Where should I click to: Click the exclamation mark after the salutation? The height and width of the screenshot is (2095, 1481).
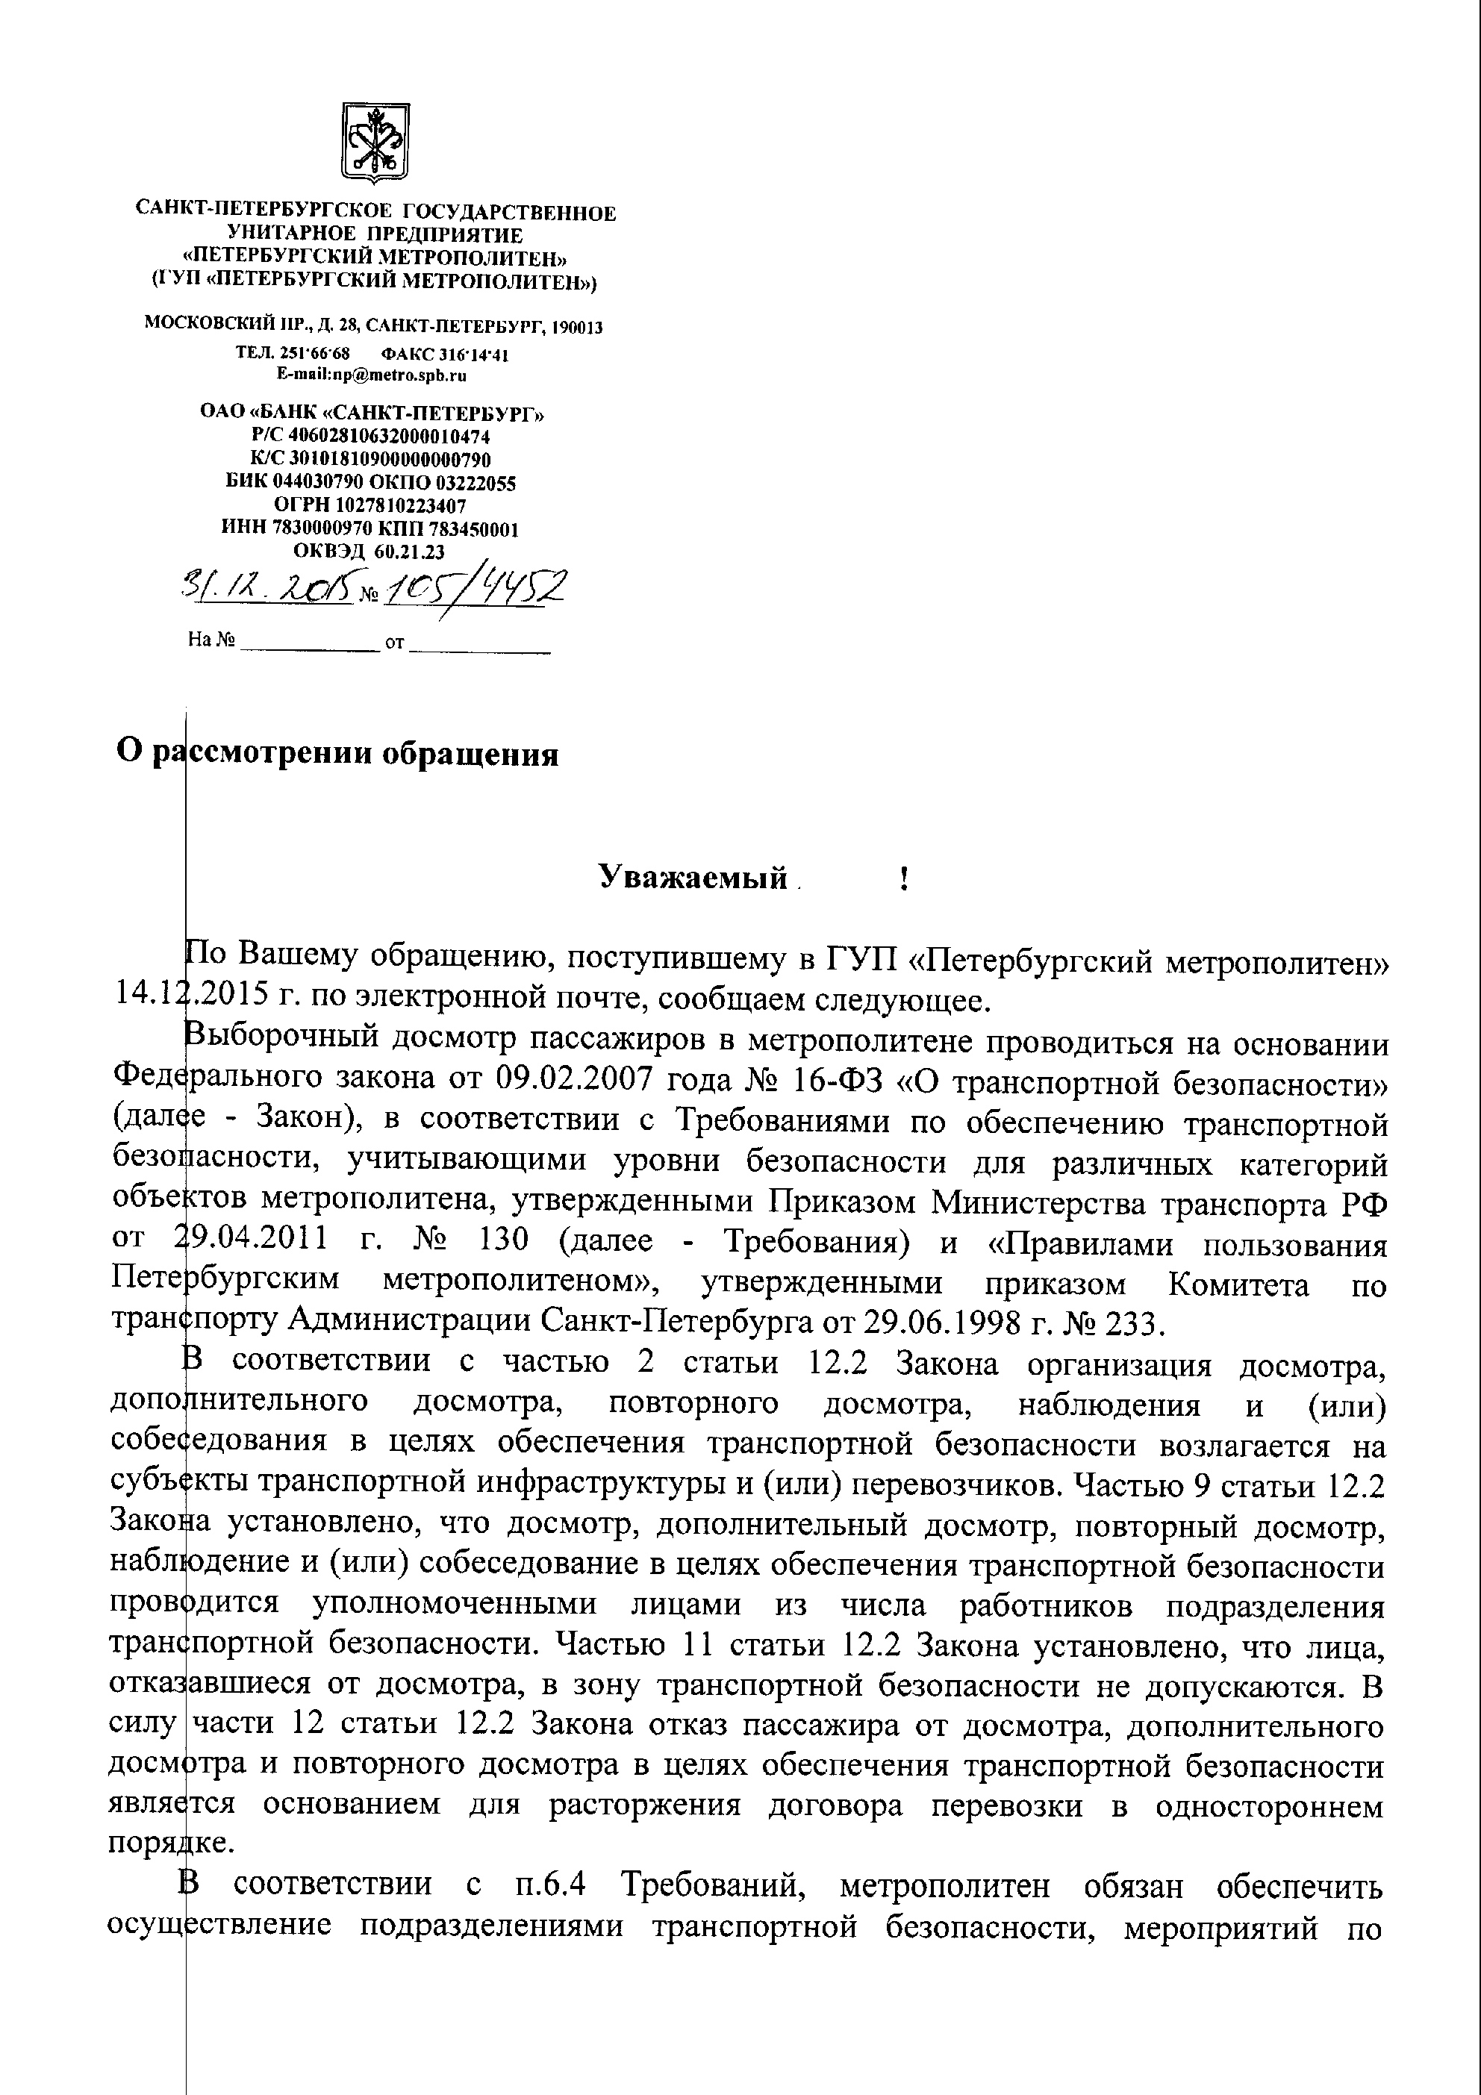[x=902, y=878]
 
